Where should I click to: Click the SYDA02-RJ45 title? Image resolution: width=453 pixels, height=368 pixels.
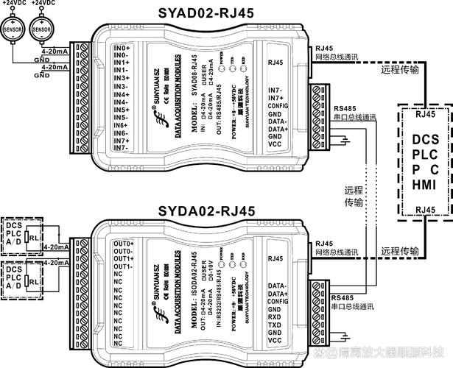[206, 211]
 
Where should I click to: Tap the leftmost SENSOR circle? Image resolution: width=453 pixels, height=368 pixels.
[13, 28]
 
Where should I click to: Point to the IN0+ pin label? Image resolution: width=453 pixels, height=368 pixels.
[122, 48]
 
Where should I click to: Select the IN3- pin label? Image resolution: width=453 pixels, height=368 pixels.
[122, 87]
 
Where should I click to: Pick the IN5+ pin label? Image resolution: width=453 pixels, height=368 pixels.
[122, 110]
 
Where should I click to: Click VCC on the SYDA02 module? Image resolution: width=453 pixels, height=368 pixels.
[276, 342]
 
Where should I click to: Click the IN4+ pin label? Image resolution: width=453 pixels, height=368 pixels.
[122, 94]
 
